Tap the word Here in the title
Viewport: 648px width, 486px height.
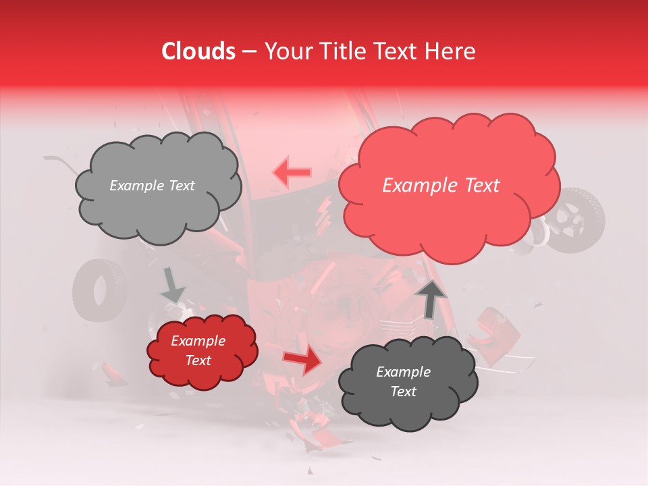pyautogui.click(x=450, y=51)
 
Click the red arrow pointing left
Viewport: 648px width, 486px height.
pyautogui.click(x=292, y=173)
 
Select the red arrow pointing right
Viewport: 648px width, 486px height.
pyautogui.click(x=303, y=360)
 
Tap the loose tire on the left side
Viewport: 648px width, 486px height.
pyautogui.click(x=100, y=290)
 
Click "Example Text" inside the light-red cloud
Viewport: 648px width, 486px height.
pyautogui.click(x=441, y=186)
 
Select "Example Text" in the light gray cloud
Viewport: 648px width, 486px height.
pyautogui.click(x=152, y=186)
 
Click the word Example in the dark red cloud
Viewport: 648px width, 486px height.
pyautogui.click(x=198, y=341)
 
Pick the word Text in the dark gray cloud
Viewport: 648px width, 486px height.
pyautogui.click(x=403, y=391)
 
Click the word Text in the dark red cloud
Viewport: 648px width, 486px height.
pyautogui.click(x=198, y=360)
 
